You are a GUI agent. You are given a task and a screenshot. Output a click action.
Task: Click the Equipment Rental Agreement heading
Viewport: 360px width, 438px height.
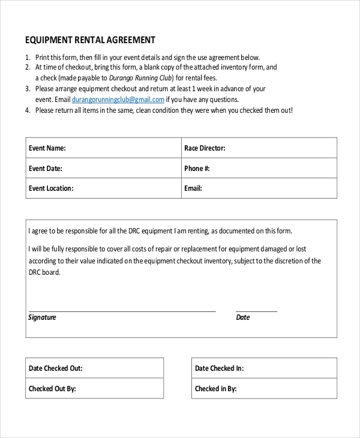coord(90,40)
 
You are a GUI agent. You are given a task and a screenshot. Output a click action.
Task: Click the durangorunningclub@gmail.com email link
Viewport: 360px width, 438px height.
coord(118,100)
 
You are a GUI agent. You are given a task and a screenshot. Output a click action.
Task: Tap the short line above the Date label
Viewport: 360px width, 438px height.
coord(257,311)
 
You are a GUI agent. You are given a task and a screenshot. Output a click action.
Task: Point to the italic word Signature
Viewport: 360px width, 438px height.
coord(42,317)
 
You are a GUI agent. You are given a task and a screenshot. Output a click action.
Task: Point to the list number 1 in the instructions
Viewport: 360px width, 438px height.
coord(28,57)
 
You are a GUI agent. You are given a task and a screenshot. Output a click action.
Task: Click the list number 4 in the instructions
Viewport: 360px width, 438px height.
coord(28,110)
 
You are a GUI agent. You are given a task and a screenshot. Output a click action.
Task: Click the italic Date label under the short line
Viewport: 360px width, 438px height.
coord(243,317)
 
